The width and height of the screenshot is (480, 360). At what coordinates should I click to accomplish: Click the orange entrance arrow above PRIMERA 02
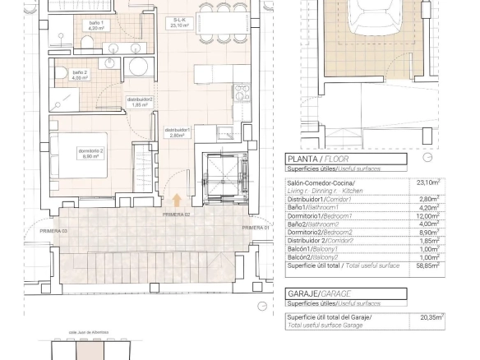tap(177, 200)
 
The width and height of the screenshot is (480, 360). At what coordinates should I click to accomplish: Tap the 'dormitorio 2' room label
tap(90, 154)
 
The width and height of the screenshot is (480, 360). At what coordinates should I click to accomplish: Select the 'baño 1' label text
tap(96, 25)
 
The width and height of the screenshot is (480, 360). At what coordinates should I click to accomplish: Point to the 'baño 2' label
tap(80, 76)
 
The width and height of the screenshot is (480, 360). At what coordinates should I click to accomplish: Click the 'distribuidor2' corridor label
tap(140, 102)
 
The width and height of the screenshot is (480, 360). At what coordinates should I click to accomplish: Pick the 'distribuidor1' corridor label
tap(177, 132)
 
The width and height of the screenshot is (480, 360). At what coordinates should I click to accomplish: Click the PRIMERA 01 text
tap(255, 227)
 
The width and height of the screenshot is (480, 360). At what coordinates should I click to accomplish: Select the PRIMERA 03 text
tap(53, 232)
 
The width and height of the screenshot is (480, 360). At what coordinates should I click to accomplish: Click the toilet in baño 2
tap(60, 75)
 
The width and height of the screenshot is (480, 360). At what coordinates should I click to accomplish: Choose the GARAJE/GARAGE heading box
tap(345, 293)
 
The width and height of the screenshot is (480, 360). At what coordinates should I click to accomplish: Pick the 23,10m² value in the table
tap(428, 182)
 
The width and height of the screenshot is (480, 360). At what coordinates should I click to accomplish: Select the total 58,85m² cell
tap(428, 265)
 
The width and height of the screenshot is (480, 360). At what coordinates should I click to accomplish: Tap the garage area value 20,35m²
tap(431, 317)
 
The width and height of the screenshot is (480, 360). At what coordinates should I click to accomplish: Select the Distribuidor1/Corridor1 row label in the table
tap(319, 199)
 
